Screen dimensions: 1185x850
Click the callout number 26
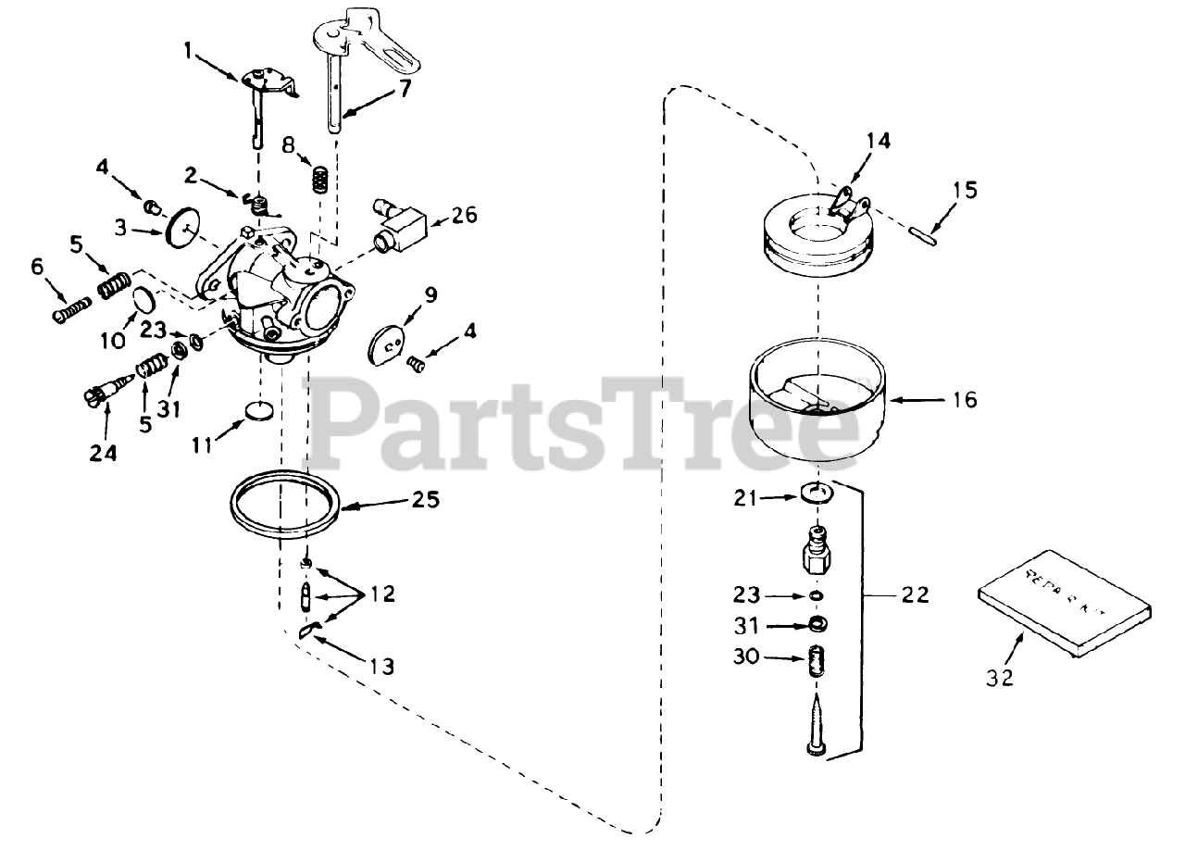click(465, 215)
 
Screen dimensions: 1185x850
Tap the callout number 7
click(405, 89)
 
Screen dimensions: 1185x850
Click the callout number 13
click(380, 666)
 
